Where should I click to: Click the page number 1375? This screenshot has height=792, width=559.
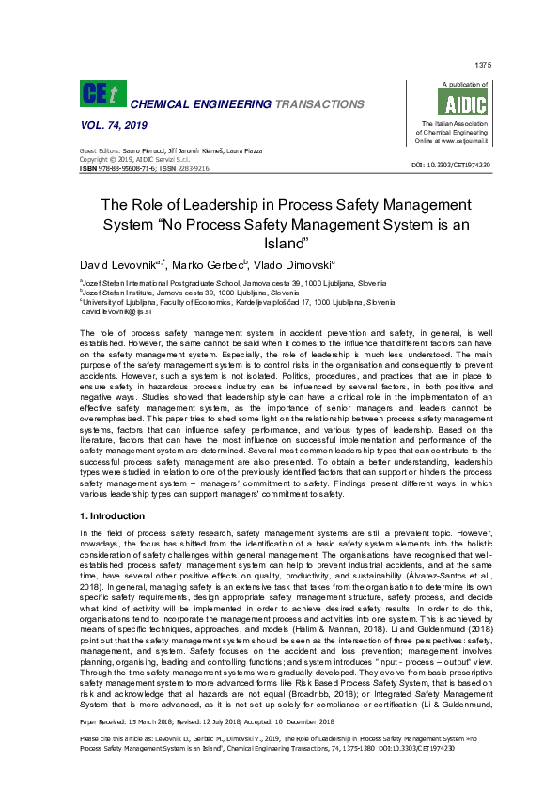click(483, 65)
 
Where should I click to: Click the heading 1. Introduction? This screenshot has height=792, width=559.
click(115, 517)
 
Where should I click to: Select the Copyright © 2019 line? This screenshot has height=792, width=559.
click(128, 160)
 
